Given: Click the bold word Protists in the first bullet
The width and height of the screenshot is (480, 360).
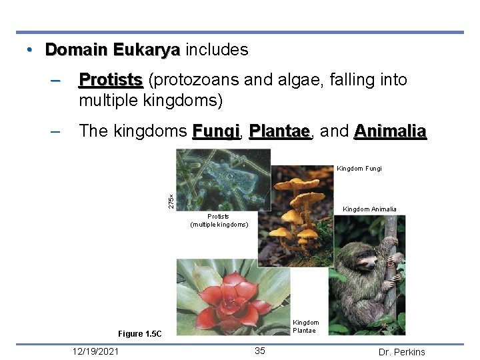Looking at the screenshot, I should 111,81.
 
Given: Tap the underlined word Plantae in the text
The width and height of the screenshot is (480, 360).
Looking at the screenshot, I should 279,131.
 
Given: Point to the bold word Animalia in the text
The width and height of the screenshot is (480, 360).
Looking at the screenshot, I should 390,131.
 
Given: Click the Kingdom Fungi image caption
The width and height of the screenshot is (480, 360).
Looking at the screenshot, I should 359,169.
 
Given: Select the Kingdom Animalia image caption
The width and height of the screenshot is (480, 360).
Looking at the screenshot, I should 369,209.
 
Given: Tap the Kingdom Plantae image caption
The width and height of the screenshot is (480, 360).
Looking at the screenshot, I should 306,327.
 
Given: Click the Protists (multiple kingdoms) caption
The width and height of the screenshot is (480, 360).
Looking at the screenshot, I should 219,221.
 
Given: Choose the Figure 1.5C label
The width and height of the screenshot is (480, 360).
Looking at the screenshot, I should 139,333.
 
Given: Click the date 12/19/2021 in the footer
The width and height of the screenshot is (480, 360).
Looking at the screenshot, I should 96,351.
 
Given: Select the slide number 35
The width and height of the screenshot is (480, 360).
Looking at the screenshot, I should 260,351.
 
